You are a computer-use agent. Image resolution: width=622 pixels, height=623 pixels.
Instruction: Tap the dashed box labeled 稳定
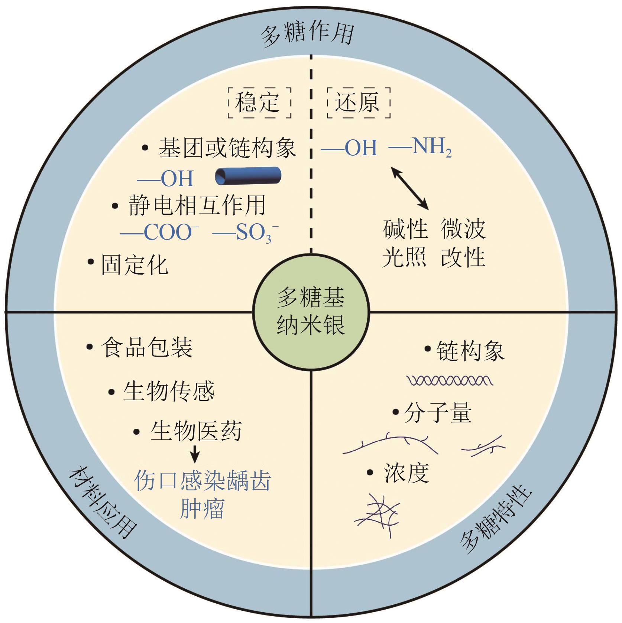259,103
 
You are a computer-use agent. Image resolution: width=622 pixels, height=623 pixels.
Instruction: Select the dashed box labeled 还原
359,103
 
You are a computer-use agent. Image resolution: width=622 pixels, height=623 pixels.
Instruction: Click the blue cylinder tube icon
248,176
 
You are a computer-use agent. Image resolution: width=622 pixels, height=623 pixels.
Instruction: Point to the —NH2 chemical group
421,147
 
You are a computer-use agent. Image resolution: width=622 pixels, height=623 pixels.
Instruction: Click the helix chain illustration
450,380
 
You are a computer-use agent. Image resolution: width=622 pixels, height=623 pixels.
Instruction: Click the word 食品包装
146,348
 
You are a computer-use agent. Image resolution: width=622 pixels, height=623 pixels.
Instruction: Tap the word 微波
463,229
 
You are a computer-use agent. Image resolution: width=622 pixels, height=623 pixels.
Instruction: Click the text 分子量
438,413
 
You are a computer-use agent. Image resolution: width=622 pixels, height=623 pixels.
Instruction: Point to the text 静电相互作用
197,205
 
